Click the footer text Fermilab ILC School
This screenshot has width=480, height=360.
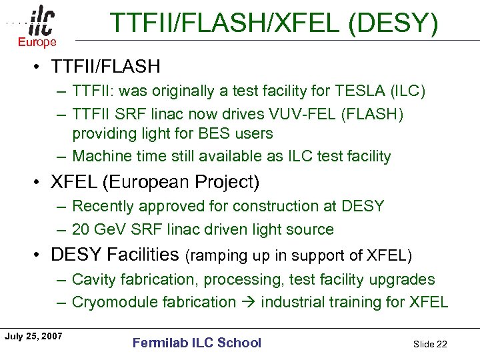pos(197,343)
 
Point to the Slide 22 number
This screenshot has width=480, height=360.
pos(430,344)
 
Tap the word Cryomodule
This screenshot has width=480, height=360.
pos(113,302)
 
